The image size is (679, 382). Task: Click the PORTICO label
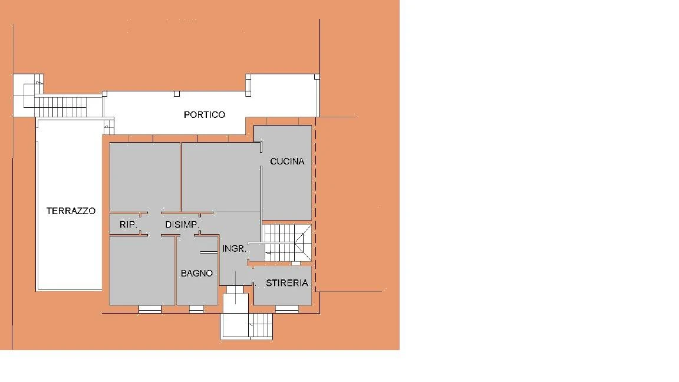click(205, 115)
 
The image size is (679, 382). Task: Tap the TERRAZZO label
click(71, 211)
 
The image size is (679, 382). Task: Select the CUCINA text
click(287, 161)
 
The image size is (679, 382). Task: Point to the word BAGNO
click(197, 274)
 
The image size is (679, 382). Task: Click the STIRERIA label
click(286, 283)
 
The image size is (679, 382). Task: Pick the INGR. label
click(234, 249)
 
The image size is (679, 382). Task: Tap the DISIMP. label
click(182, 225)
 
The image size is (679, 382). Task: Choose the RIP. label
click(128, 225)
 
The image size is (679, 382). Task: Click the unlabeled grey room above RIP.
click(144, 177)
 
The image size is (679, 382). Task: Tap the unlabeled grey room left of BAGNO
click(142, 271)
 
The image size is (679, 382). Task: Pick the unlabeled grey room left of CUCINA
click(221, 177)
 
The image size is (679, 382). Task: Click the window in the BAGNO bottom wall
click(197, 309)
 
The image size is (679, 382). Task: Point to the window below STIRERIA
click(286, 309)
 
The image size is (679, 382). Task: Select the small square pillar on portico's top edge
click(177, 94)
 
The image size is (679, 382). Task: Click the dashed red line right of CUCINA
click(316, 204)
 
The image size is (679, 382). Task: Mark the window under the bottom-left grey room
click(150, 309)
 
